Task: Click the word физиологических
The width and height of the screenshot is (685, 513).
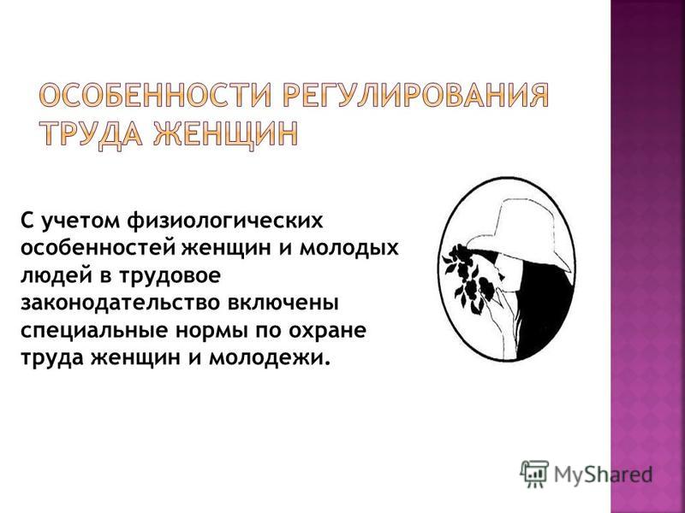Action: tap(225, 221)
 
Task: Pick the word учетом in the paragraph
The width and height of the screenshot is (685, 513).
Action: tap(80, 222)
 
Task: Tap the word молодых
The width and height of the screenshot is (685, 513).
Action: tap(349, 250)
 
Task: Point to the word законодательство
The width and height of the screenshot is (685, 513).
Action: tap(118, 304)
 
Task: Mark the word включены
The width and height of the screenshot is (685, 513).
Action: tap(282, 304)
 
